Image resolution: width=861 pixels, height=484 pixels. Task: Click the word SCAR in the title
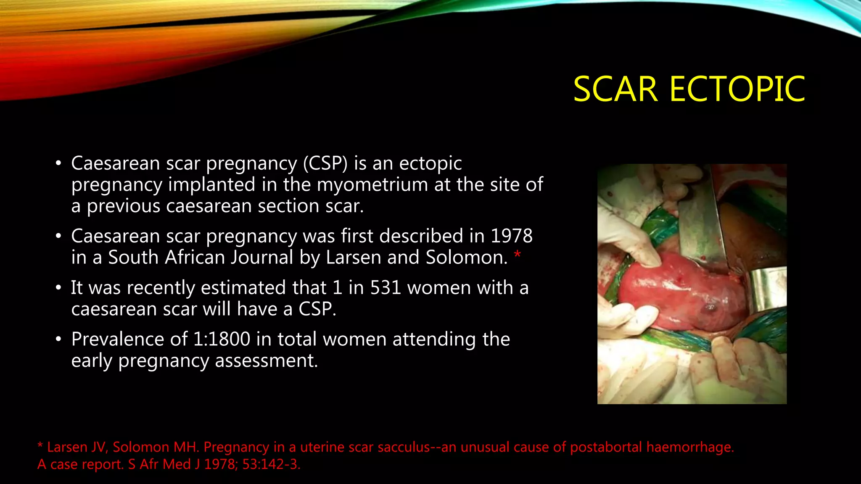(x=615, y=89)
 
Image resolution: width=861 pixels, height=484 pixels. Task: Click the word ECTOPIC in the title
(x=737, y=89)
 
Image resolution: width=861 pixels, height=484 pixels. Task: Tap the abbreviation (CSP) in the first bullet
(x=325, y=163)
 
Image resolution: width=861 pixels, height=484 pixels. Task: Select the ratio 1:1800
(x=222, y=339)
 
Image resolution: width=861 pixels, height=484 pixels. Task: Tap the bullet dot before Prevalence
(x=58, y=339)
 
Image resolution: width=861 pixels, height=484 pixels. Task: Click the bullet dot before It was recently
(x=58, y=288)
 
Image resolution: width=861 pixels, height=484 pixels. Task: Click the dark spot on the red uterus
(x=710, y=308)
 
